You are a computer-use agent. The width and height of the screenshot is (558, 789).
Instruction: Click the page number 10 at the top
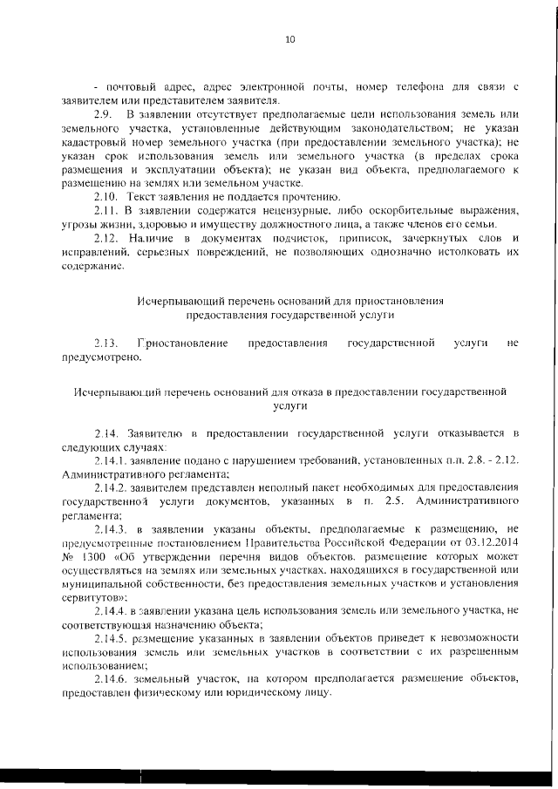click(291, 38)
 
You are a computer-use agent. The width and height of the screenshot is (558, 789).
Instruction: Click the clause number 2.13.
click(105, 343)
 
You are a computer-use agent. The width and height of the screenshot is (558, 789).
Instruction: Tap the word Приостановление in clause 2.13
click(182, 343)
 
